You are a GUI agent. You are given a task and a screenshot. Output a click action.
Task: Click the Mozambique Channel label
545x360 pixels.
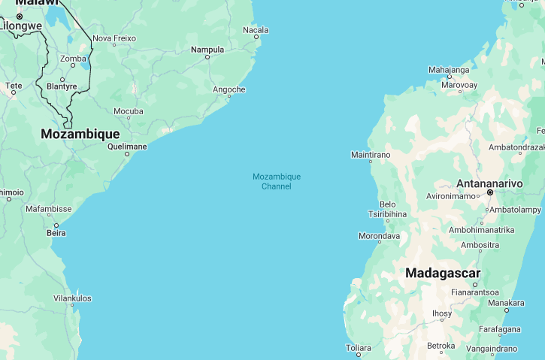(x=276, y=181)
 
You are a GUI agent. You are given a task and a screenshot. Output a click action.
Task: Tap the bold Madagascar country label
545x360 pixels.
(x=443, y=273)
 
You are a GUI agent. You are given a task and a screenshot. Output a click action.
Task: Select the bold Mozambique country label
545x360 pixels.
(x=80, y=134)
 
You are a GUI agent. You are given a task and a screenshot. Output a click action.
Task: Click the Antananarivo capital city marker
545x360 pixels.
(x=489, y=192)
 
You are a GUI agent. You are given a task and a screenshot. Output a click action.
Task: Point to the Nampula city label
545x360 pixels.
(x=207, y=50)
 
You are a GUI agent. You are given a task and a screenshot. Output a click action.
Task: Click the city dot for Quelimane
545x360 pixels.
(x=127, y=154)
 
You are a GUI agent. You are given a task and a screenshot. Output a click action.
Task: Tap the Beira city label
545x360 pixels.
(x=56, y=233)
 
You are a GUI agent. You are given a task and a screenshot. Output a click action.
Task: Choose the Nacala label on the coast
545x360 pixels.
(x=256, y=30)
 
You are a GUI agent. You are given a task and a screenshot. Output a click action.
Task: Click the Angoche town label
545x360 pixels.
(x=229, y=89)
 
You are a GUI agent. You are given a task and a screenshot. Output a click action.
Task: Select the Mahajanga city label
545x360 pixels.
(x=449, y=70)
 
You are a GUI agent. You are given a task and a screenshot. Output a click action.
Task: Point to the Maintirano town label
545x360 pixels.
(x=371, y=155)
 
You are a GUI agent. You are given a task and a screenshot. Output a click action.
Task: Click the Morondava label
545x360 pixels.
(x=379, y=236)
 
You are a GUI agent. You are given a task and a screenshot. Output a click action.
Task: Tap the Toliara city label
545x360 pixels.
(x=358, y=348)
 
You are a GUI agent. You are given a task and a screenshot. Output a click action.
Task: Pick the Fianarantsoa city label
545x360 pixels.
(x=475, y=292)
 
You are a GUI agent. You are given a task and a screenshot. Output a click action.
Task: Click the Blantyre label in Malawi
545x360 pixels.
(x=62, y=86)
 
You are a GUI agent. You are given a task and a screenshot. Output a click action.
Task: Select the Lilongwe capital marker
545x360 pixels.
(x=20, y=16)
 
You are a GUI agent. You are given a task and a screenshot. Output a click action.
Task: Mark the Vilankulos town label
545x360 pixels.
(x=72, y=298)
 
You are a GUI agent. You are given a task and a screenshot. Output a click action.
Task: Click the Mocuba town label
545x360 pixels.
(x=128, y=111)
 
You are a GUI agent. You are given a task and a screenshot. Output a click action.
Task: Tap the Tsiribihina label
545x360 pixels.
(x=388, y=213)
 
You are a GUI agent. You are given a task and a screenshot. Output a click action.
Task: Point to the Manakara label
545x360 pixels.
(x=506, y=303)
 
